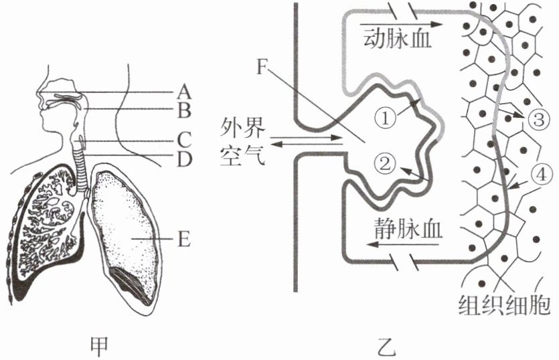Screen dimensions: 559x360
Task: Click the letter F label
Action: [263, 67]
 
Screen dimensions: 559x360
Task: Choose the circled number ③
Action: [538, 119]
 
